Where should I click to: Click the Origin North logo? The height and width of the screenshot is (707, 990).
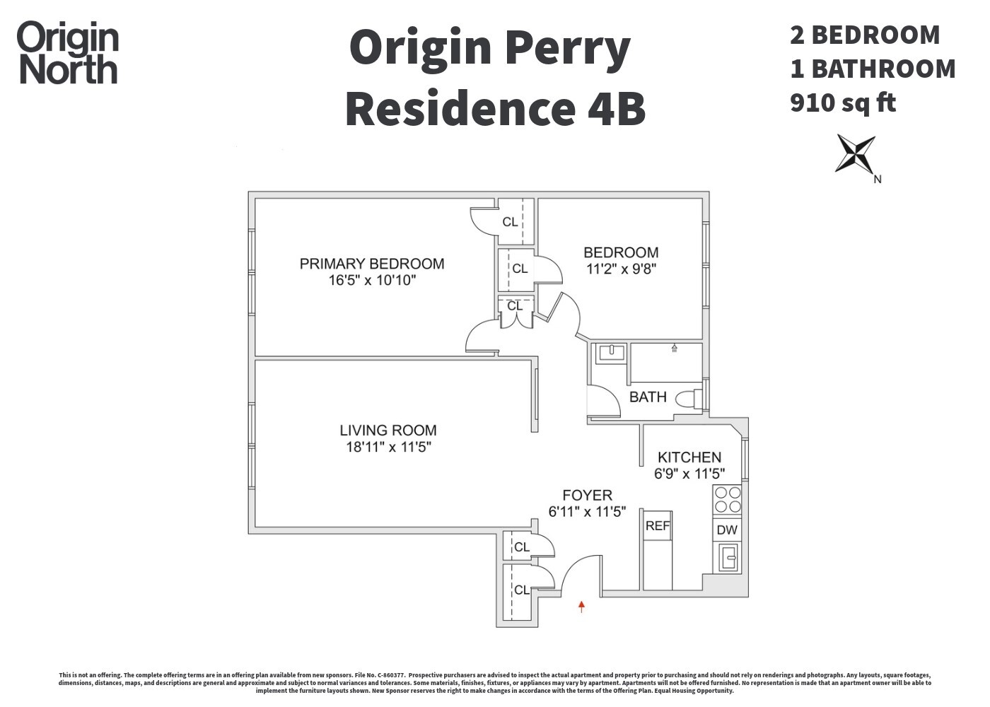pos(68,54)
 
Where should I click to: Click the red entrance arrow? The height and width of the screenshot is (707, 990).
pos(581,606)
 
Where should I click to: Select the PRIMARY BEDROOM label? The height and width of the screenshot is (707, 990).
pos(372,264)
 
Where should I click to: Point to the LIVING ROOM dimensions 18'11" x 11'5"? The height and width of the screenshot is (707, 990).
pos(388,447)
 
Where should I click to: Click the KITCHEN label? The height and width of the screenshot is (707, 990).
pos(689,457)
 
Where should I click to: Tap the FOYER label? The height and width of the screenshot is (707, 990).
pos(587,496)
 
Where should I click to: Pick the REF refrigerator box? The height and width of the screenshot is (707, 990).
pos(657,526)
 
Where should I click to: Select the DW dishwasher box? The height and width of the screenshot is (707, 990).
pos(727,530)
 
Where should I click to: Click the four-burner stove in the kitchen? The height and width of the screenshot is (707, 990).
pos(727,500)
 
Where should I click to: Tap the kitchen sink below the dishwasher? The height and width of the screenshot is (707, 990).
pos(727,558)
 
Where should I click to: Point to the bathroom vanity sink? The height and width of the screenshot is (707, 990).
pos(610,353)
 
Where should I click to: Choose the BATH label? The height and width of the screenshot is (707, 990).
pos(648,397)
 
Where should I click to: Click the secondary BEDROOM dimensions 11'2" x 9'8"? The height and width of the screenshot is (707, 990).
pos(621,269)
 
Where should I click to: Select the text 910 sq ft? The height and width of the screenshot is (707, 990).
pos(843,103)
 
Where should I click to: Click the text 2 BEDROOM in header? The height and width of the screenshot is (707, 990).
pos(865,35)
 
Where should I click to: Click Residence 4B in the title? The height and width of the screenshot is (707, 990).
pos(495,109)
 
